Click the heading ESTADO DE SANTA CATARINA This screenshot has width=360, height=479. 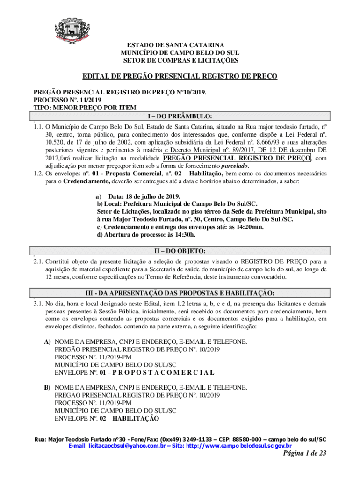[x=180, y=45]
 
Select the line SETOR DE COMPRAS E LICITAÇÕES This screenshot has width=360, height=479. [x=180, y=61]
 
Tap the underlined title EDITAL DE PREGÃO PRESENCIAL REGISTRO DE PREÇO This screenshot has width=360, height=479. [x=180, y=76]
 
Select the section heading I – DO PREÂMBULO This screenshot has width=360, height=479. [x=180, y=116]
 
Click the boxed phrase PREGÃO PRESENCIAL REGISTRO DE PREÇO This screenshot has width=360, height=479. [x=237, y=158]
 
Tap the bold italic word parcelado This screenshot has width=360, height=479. [x=234, y=166]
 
